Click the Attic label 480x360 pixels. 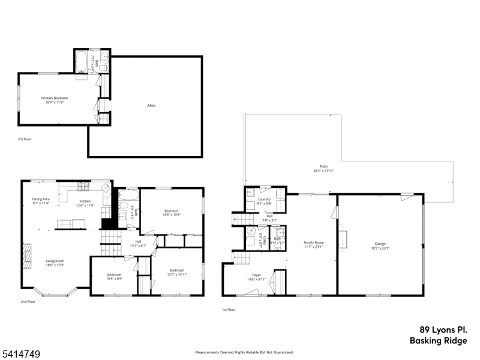point(151,106)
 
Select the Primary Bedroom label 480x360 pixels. point(55,98)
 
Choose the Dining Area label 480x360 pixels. point(41,199)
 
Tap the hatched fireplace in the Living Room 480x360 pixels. point(26,256)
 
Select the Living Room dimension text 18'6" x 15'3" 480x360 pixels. point(55,265)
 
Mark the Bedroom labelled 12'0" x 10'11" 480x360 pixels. point(178,271)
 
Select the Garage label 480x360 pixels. point(380,244)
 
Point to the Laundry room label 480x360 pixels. point(265,199)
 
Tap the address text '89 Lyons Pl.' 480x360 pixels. point(443,329)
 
